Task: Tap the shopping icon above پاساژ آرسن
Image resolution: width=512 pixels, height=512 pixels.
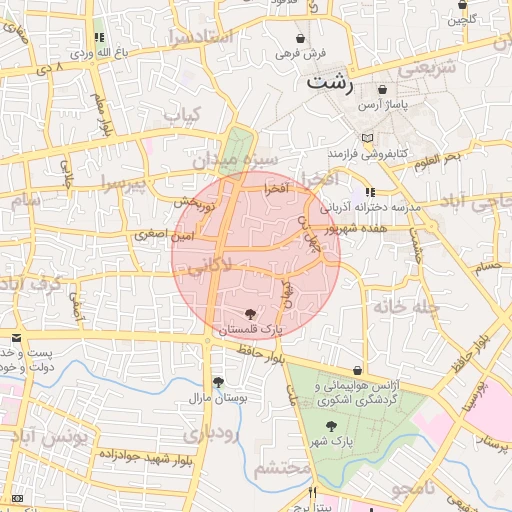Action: click(382, 89)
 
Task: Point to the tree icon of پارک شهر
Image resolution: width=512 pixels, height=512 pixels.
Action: click(331, 427)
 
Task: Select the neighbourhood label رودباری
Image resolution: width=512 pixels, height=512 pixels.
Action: click(211, 432)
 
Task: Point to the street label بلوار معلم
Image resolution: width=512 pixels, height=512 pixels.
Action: click(101, 113)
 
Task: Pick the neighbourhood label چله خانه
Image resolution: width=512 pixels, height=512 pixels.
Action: click(407, 307)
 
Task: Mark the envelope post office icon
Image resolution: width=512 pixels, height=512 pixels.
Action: click(16, 339)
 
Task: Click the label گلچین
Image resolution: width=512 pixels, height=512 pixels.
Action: click(462, 18)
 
